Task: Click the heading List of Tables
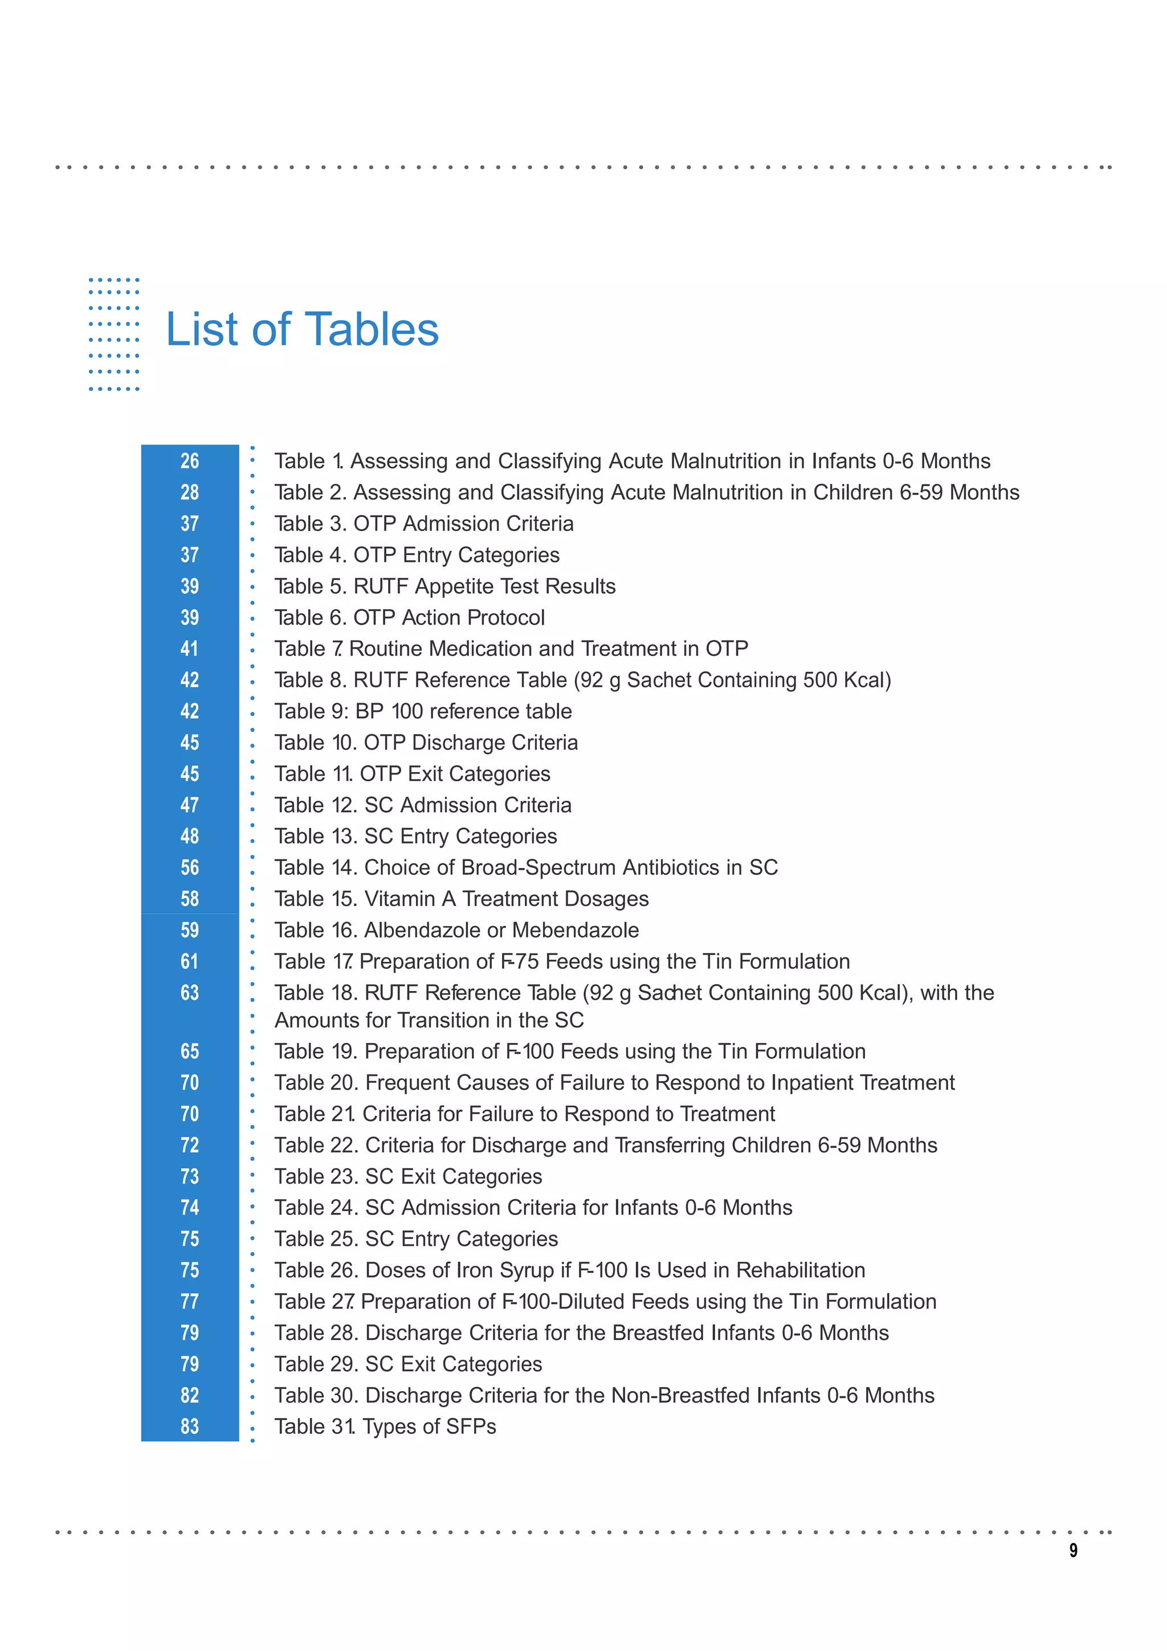pos(302,329)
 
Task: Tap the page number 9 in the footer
pos(1073,1550)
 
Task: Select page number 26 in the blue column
pos(190,461)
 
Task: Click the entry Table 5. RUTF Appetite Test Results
pos(444,586)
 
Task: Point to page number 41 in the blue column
pos(190,649)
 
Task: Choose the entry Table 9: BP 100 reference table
pos(423,711)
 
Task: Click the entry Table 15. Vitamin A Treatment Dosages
pos(461,899)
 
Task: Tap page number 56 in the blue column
pos(190,867)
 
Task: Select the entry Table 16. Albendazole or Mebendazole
pos(456,930)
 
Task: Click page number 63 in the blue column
pos(190,992)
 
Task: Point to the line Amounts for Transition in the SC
pos(429,1020)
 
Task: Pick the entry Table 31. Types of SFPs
pos(385,1426)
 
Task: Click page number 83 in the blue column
pos(190,1426)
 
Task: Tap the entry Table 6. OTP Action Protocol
pos(409,618)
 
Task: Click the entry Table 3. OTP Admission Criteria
pos(423,524)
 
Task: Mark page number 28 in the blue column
pos(190,492)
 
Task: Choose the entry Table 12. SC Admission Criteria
pos(423,805)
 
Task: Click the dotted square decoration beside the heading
pos(113,335)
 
